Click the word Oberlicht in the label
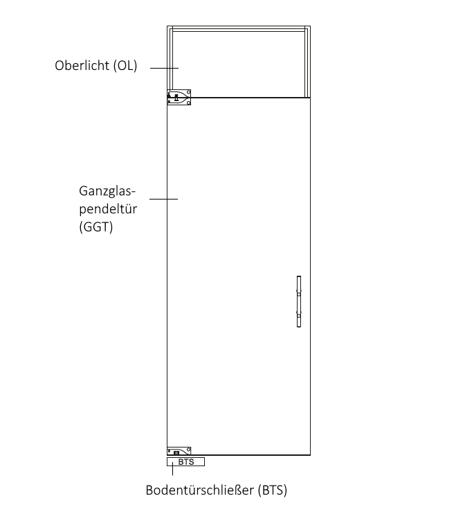tap(82, 66)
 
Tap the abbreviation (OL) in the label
tap(125, 66)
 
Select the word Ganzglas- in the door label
tap(107, 191)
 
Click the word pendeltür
tap(108, 209)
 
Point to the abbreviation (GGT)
tap(96, 227)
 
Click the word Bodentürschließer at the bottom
tap(200, 490)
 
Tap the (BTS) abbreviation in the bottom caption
tap(273, 490)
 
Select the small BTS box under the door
tap(186, 461)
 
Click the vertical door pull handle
tap(299, 301)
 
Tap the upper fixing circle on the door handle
tap(299, 294)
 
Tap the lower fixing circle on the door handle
tap(299, 315)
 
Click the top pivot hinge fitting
tap(179, 98)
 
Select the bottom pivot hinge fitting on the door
tap(179, 451)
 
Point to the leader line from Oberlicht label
tap(164, 68)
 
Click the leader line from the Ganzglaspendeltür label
tap(164, 199)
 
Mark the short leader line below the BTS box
tap(172, 471)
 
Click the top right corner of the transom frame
tap(310, 26)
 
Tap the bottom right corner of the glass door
tap(310, 455)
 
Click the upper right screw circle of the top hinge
tap(188, 92)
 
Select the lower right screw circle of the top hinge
tap(188, 103)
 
